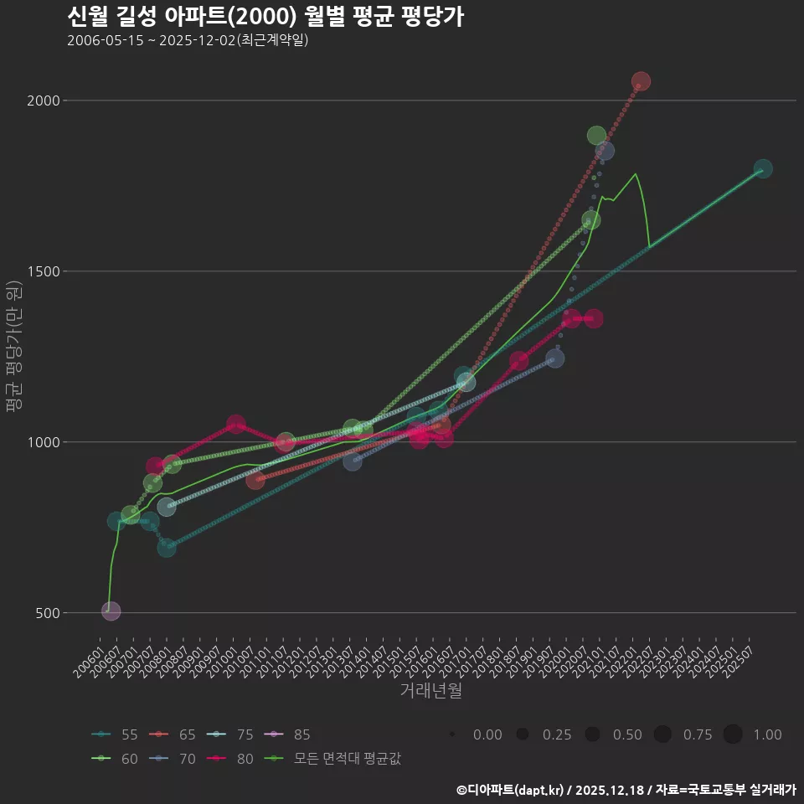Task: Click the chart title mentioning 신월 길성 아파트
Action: [x=265, y=17]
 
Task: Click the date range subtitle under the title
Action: [x=188, y=40]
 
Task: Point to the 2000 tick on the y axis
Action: [x=46, y=100]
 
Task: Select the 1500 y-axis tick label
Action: [x=46, y=271]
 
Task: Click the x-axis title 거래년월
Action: [x=430, y=691]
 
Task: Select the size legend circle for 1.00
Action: [x=733, y=734]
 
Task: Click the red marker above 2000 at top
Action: [x=641, y=81]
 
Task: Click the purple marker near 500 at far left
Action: [x=111, y=611]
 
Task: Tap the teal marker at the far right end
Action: [x=762, y=168]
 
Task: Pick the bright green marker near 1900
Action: [x=596, y=135]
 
